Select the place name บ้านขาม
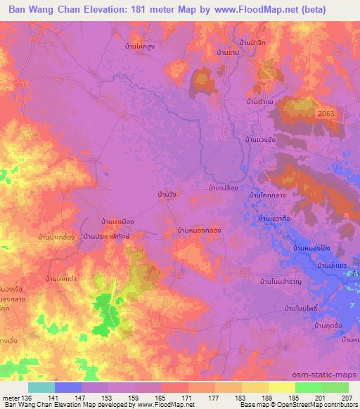[x=230, y=53]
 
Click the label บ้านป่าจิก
[x=253, y=44]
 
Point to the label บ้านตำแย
[x=260, y=102]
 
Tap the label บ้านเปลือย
[x=226, y=188]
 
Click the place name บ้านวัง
[x=167, y=194]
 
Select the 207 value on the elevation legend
[x=345, y=397]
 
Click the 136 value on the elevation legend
[x=27, y=397]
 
